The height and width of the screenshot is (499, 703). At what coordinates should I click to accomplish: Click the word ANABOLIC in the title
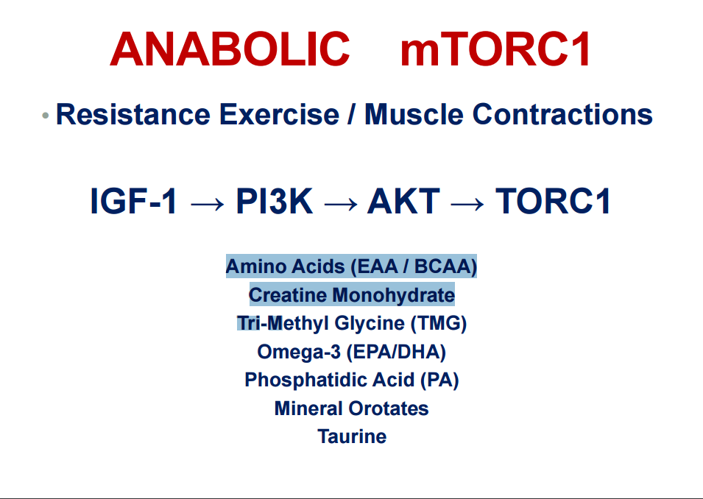(x=230, y=49)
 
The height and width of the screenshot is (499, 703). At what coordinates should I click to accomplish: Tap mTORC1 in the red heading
(x=495, y=49)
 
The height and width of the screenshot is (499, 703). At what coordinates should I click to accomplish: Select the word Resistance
(x=133, y=114)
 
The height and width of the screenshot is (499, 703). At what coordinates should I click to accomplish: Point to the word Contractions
(x=562, y=114)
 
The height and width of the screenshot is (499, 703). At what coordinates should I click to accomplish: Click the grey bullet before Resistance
(x=46, y=116)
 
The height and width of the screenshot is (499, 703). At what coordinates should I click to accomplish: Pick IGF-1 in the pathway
(x=133, y=201)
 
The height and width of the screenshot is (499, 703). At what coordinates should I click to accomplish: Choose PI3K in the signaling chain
(x=275, y=201)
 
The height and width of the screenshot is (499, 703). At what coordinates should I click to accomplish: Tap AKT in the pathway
(x=403, y=201)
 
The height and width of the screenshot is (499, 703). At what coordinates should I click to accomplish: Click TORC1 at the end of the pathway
(x=554, y=201)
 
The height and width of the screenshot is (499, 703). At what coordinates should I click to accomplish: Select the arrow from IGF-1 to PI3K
(x=207, y=205)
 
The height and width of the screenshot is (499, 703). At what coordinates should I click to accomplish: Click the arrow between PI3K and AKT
(x=341, y=205)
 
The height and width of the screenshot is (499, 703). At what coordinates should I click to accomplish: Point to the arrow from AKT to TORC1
(x=467, y=205)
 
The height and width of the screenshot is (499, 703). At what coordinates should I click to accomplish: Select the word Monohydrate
(x=394, y=295)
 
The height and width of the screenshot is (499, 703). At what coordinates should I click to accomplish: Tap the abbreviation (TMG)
(x=439, y=323)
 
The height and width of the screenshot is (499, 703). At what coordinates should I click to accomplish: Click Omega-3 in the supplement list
(x=299, y=352)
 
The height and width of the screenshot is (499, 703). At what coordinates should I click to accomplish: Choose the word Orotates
(x=389, y=408)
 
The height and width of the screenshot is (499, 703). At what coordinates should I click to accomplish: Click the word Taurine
(x=352, y=436)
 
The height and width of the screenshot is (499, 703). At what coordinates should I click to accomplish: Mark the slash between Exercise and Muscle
(x=352, y=114)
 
